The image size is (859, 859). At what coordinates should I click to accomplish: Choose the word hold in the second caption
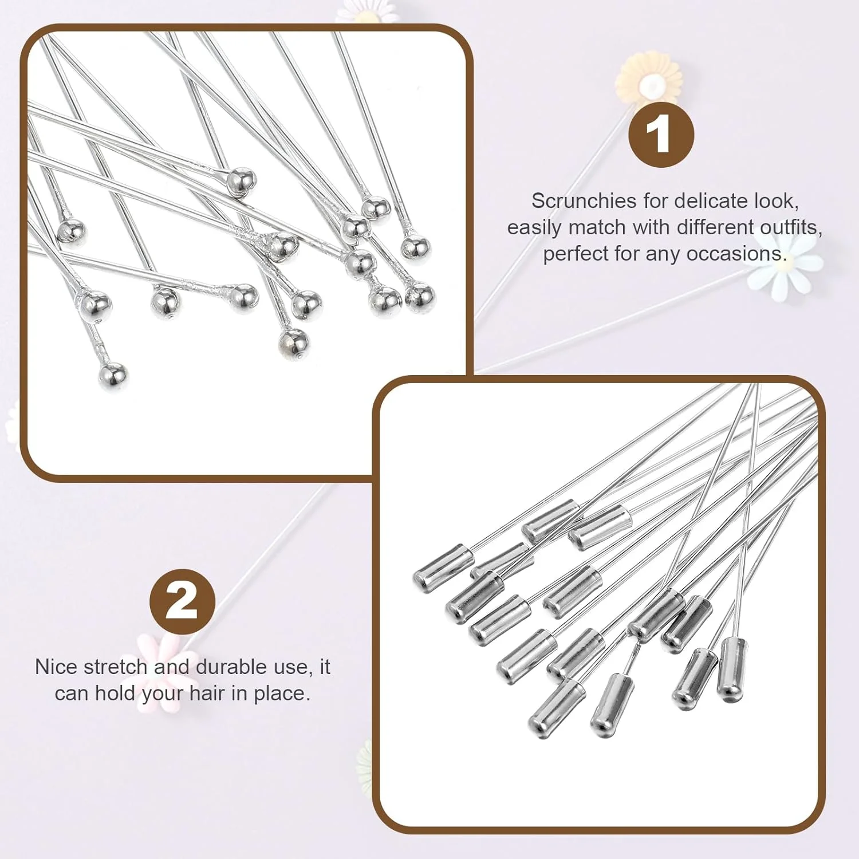(x=115, y=693)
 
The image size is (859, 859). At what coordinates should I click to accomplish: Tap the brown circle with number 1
(x=661, y=135)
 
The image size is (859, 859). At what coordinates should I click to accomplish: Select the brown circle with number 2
(x=182, y=602)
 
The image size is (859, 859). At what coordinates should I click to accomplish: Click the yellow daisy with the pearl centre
(x=649, y=82)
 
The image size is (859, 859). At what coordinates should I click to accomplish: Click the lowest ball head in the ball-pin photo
(x=112, y=376)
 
